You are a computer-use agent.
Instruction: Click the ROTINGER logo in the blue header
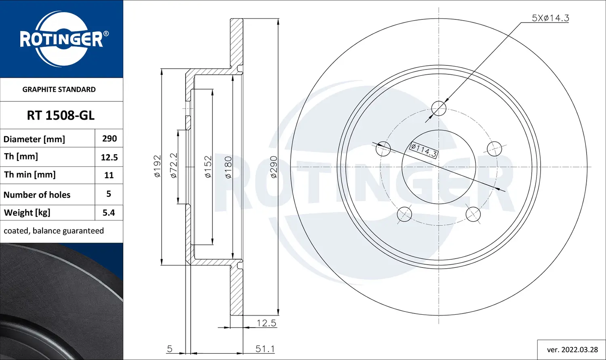coord(61,39)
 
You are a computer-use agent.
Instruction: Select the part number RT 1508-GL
coord(61,116)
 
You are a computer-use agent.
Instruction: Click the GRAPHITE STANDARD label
coord(59,89)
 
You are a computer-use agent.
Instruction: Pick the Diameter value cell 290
coord(109,139)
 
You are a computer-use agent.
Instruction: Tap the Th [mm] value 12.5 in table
coord(109,157)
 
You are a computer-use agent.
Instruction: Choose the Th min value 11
coord(109,175)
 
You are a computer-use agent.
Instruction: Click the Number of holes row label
coord(37,195)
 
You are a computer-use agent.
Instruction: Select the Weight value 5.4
coord(109,213)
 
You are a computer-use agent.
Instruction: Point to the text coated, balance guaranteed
coord(54,231)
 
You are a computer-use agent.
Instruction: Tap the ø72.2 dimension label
coord(174,166)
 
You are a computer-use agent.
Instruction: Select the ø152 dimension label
coord(208,167)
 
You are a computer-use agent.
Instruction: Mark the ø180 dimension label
coord(228,167)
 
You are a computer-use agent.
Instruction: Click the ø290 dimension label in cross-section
coord(274,167)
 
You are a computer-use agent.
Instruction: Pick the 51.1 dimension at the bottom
coord(265,349)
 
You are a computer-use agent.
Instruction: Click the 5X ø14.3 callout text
coord(550,18)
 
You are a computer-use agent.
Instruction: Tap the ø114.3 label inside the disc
coord(423,150)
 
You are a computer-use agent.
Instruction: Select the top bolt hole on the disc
coord(439,108)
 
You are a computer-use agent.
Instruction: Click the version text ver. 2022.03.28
coord(572,349)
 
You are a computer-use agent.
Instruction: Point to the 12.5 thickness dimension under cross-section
coord(266,323)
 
